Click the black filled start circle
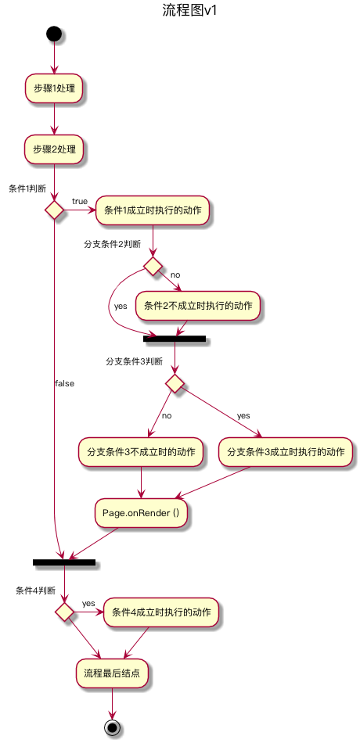pos(54,34)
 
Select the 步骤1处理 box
pos(54,88)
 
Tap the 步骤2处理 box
pos(54,149)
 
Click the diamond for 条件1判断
pos(54,210)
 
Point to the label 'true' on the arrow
pos(80,202)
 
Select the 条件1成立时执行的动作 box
pos(153,210)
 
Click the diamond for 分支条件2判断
pos(153,267)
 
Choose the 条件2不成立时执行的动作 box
pos(198,305)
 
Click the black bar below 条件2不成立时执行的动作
pos(175,339)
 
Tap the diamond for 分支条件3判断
pos(175,383)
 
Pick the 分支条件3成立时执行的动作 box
pos(286,452)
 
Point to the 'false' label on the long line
pos(64,383)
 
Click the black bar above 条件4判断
pos(64,562)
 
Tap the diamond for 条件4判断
pos(64,611)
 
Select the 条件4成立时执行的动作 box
pos(161,612)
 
